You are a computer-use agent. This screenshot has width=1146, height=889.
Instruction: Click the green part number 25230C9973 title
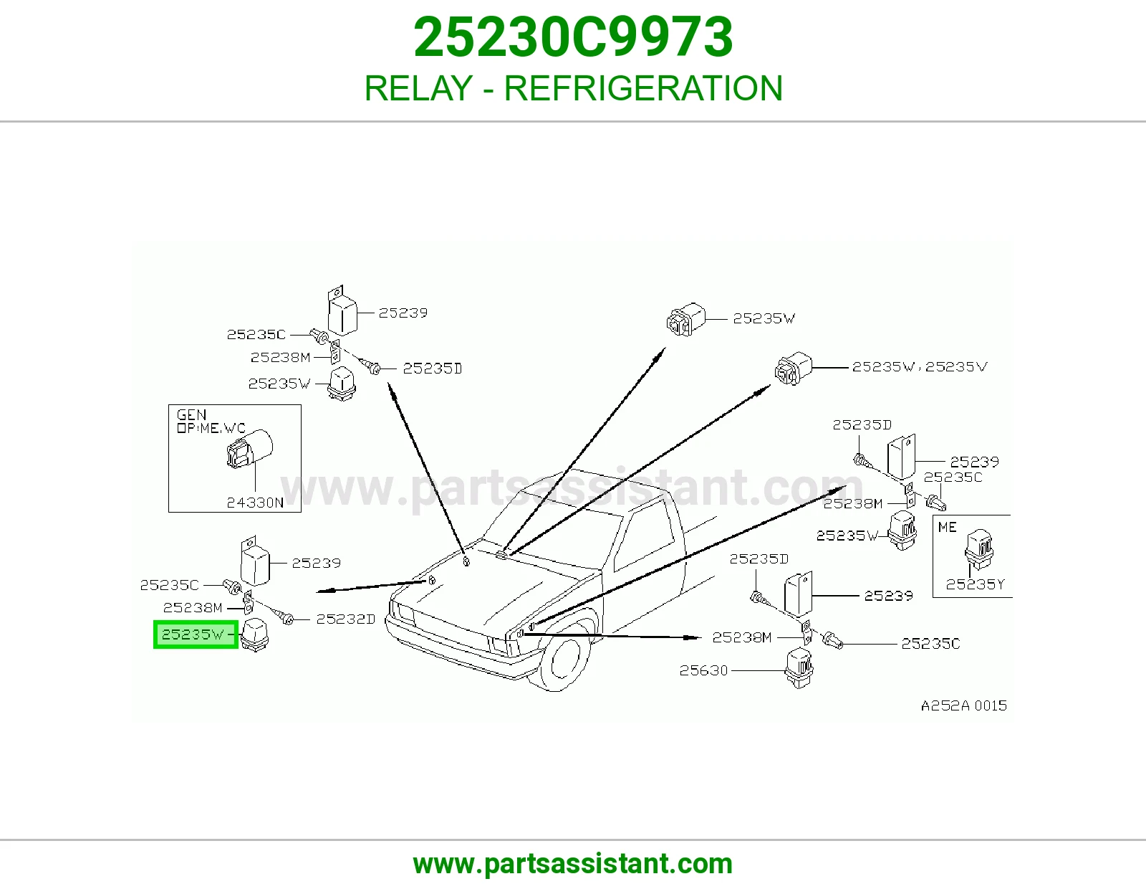click(x=573, y=37)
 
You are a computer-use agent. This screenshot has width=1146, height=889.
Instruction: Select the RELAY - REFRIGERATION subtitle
click(x=573, y=88)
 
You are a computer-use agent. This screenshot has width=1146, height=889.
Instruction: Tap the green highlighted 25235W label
click(x=195, y=634)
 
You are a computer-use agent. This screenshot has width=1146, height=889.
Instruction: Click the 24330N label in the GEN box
click(x=255, y=503)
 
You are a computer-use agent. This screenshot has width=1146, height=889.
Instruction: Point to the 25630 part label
click(x=703, y=670)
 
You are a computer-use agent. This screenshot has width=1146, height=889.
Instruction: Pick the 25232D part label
click(x=345, y=619)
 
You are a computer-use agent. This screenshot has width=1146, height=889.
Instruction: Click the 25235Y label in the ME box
click(x=975, y=584)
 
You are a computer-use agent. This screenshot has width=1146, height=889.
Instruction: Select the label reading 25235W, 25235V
click(x=920, y=366)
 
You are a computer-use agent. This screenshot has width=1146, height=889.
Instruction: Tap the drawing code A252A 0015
click(x=964, y=705)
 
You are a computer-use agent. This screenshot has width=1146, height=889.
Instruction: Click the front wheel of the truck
click(x=562, y=663)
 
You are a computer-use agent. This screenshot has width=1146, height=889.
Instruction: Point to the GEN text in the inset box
click(x=191, y=415)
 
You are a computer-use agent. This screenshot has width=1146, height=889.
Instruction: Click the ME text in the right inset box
click(x=948, y=528)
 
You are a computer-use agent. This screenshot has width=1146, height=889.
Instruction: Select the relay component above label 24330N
click(x=249, y=449)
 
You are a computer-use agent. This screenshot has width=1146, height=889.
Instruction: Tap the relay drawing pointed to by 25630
click(x=799, y=668)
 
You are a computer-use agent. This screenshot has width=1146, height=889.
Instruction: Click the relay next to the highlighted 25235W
click(x=255, y=634)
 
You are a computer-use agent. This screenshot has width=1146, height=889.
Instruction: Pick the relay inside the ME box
click(x=979, y=550)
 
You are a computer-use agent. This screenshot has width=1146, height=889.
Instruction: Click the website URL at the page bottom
click(x=573, y=864)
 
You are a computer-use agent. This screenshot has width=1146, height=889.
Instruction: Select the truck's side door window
click(x=643, y=536)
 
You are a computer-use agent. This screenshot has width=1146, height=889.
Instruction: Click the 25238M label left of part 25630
click(x=742, y=638)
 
